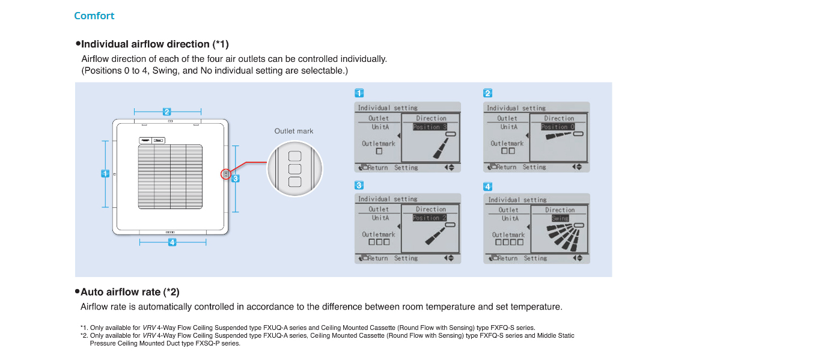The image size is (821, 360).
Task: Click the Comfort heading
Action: [x=94, y=16]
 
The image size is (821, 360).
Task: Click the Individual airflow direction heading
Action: [x=154, y=44]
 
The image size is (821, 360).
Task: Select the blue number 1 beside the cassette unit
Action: [x=105, y=173]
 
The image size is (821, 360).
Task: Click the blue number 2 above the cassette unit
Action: [x=167, y=111]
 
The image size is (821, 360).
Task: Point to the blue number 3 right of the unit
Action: [x=236, y=178]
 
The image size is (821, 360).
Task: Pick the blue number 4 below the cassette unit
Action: [x=172, y=242]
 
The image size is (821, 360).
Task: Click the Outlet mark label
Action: [x=294, y=131]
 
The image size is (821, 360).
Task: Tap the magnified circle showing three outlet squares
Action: [x=295, y=168]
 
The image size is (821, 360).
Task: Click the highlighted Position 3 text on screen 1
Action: [x=430, y=127]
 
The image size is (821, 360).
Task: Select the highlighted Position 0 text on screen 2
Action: [x=558, y=127]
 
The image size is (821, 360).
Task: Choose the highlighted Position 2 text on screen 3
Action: [x=430, y=218]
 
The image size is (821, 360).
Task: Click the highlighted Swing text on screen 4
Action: [x=560, y=218]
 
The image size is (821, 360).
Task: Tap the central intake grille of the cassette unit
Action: [x=170, y=176]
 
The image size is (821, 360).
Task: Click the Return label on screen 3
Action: [x=377, y=258]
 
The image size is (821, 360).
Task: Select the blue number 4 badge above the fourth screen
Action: [x=488, y=187]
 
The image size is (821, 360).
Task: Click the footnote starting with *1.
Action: [x=308, y=328]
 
